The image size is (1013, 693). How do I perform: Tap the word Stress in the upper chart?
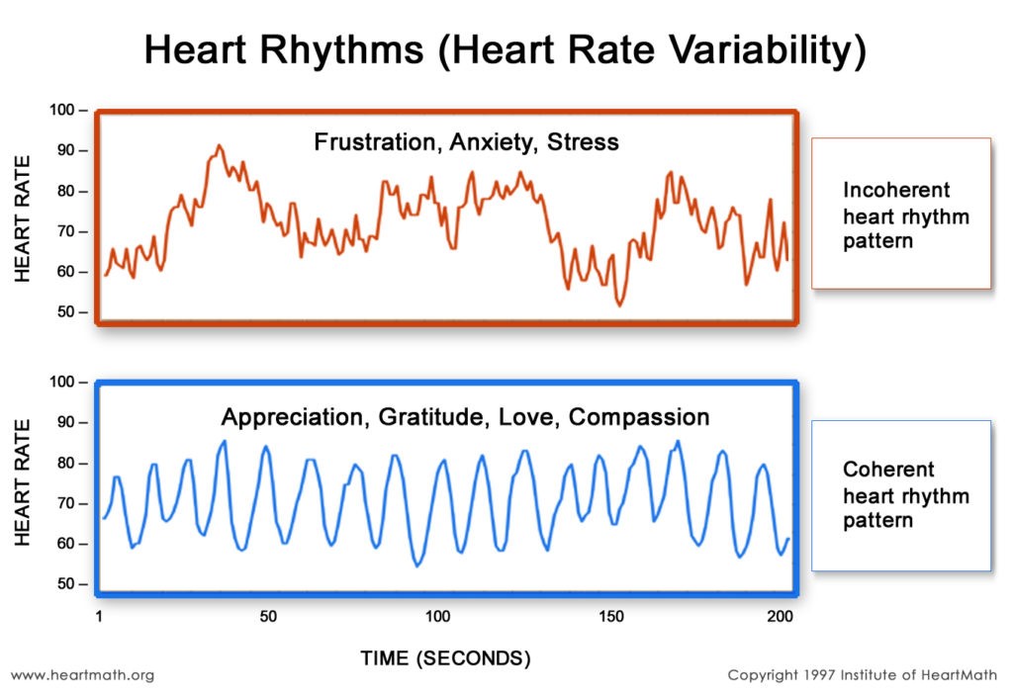click(x=585, y=142)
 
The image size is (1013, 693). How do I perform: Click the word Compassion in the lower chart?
click(x=639, y=417)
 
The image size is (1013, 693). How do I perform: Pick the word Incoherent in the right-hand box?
click(x=896, y=190)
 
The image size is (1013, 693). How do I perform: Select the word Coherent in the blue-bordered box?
click(x=888, y=470)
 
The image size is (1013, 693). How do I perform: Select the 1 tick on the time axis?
click(x=100, y=617)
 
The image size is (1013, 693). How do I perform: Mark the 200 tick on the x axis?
click(x=780, y=617)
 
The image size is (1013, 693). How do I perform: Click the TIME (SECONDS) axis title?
click(x=445, y=657)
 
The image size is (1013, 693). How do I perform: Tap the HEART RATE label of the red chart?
click(x=24, y=218)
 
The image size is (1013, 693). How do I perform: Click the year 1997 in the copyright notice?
click(x=823, y=675)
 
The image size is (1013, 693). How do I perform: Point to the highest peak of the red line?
click(x=220, y=145)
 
